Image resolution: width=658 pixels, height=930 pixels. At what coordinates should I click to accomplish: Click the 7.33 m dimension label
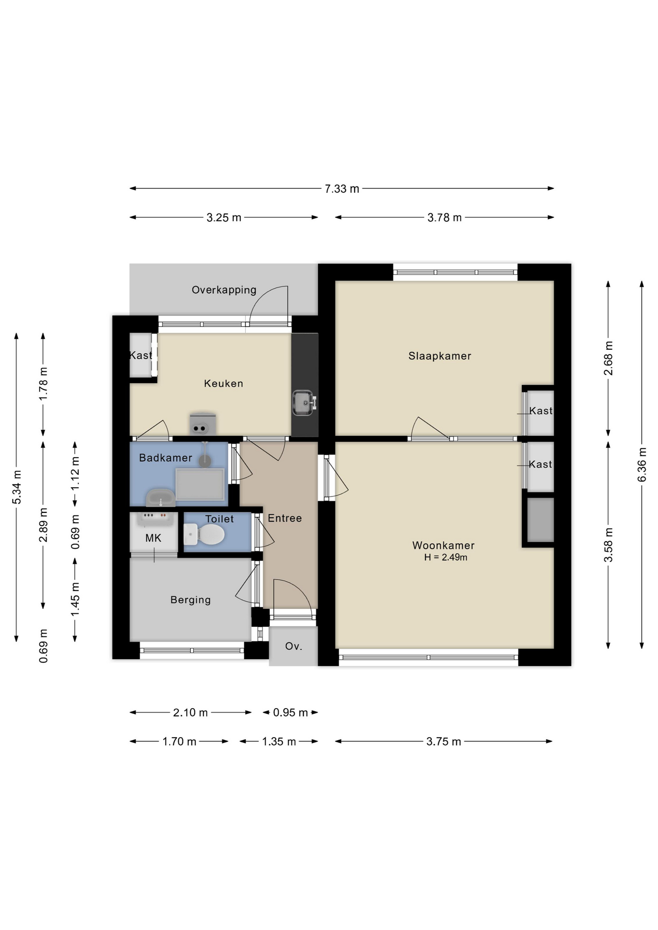coord(342,189)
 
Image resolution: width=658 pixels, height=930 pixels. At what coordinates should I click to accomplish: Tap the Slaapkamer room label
coord(440,356)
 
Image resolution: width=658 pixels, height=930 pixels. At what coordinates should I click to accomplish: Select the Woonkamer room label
coord(443,545)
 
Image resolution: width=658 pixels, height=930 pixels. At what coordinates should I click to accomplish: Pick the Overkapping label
coord(224,290)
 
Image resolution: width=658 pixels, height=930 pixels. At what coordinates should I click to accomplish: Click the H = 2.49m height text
coord(446,558)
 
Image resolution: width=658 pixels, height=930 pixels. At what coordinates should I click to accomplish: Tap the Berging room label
coord(191,600)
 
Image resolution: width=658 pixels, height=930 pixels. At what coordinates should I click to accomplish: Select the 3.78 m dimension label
coord(444,218)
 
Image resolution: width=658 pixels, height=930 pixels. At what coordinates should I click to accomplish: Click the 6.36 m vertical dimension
coord(642,465)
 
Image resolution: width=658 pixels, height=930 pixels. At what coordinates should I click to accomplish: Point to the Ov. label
coord(294,646)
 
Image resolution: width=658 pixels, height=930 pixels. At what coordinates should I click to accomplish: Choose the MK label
coord(153,538)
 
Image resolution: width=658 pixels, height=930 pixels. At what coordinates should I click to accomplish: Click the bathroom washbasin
coord(160,498)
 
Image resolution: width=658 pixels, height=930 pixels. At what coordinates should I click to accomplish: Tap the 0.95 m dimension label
coord(290,713)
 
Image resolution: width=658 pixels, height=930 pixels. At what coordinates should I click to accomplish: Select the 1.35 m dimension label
coord(279,742)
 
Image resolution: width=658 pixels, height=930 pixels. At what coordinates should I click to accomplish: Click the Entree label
coord(285,518)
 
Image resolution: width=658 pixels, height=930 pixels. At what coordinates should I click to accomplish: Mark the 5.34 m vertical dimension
coord(16,487)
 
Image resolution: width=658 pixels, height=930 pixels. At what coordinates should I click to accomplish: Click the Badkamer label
coord(166,458)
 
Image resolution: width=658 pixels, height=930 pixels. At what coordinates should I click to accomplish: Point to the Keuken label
coord(223,384)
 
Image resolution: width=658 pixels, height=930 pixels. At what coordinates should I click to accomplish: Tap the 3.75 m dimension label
coord(444,742)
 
